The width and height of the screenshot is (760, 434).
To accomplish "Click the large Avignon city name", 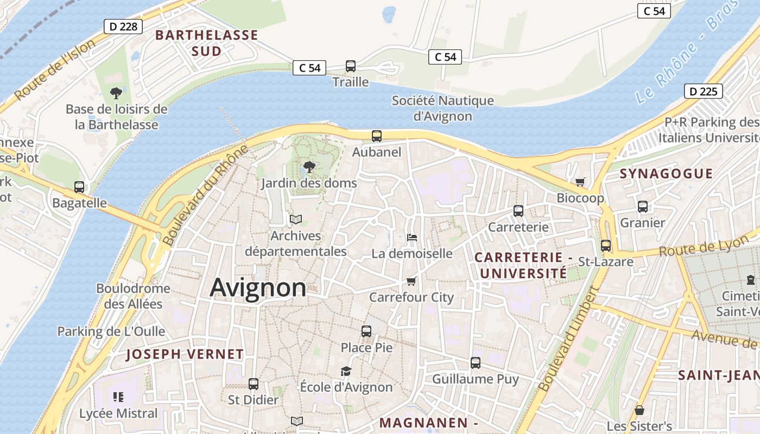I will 258,288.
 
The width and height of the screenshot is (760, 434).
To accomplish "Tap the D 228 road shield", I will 123,27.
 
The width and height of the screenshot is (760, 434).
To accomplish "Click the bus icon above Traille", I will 351,66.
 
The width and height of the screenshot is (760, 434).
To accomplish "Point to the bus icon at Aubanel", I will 376,136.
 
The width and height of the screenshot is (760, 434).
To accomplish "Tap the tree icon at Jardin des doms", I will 309,167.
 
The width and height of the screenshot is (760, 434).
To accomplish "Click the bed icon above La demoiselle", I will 411,238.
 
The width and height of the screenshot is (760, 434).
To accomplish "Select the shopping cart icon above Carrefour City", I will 411,281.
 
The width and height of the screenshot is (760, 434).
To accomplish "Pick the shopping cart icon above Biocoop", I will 580,182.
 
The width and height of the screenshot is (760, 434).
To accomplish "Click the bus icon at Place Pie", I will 366,331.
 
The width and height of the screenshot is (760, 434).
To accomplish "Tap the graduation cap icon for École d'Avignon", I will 346,371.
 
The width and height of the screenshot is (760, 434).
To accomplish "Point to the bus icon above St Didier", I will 253,384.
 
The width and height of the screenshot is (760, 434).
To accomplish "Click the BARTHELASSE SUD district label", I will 206,43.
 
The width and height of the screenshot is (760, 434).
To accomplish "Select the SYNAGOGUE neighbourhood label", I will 666,174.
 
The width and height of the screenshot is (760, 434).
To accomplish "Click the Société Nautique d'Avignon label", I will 443,108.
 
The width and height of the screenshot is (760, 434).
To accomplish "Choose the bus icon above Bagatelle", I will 79,187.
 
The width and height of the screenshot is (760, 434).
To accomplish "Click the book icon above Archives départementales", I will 295,219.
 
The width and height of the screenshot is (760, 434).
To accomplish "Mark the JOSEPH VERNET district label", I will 185,354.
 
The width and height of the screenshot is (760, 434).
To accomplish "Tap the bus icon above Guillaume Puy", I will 476,362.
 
